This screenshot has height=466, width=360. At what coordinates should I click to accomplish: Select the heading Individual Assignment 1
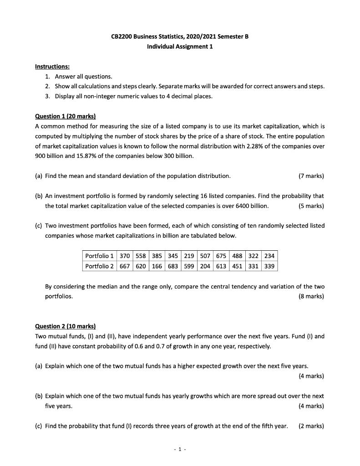coord(180,46)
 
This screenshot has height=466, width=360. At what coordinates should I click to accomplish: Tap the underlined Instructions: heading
coord(52,66)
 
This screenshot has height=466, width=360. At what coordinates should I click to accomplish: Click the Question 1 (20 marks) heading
coord(66,116)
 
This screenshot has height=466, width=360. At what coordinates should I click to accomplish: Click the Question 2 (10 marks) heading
coord(66,326)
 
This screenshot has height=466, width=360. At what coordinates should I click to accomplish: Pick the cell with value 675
coord(221,256)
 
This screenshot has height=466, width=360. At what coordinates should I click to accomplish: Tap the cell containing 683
coord(172,266)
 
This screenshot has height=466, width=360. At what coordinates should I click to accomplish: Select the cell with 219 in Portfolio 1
coord(189,256)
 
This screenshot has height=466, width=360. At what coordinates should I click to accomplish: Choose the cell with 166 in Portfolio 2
coord(157,266)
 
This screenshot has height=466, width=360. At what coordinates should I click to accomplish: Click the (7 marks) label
coord(311,176)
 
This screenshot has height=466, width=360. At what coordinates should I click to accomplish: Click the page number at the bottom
coord(180,449)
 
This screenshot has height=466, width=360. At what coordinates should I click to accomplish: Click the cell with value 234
coord(269,256)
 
